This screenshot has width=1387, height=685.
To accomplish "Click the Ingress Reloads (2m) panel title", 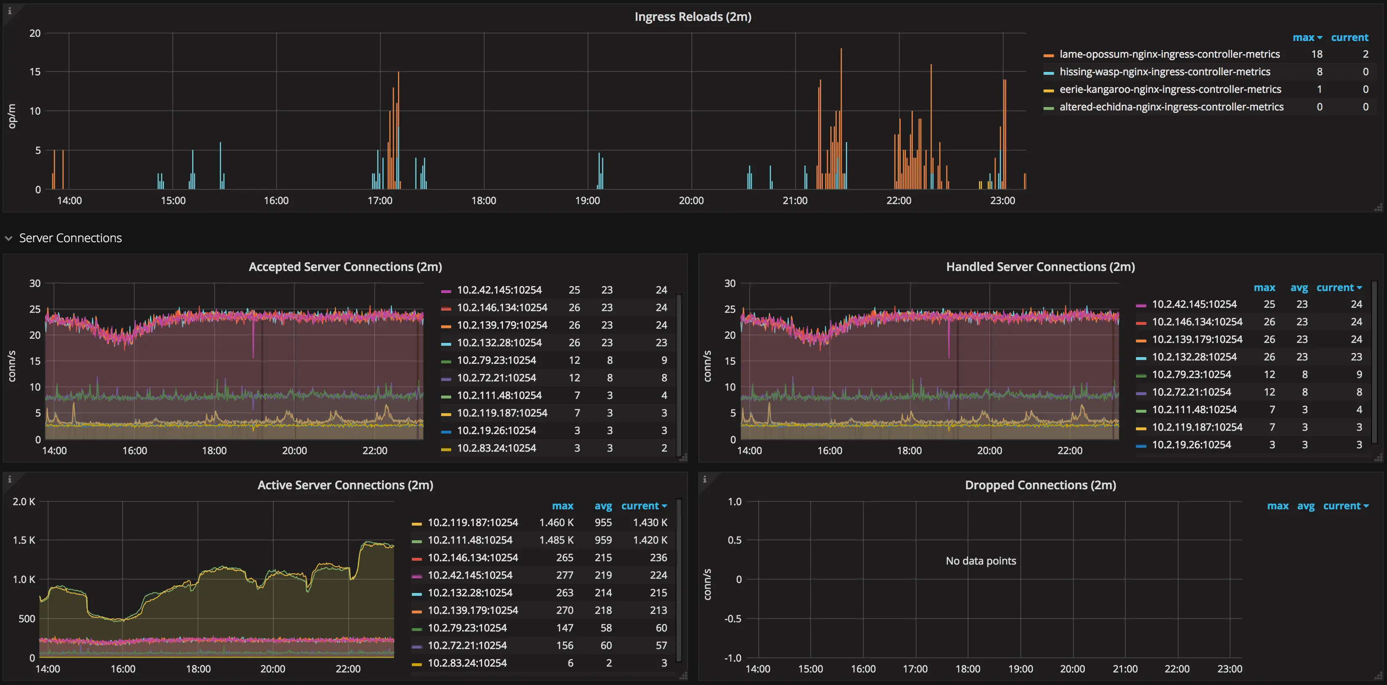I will pyautogui.click(x=692, y=17).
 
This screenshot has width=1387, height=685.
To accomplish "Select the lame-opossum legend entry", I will pyautogui.click(x=1169, y=54).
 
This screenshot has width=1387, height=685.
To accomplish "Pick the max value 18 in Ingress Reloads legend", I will pyautogui.click(x=1316, y=54).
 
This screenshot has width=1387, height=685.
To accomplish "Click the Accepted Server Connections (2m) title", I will pyautogui.click(x=345, y=267).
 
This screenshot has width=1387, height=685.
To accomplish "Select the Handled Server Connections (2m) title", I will pyautogui.click(x=1040, y=267).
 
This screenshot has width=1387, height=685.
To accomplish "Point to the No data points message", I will pyautogui.click(x=981, y=561).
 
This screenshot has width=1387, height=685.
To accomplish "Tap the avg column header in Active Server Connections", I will pyautogui.click(x=603, y=506).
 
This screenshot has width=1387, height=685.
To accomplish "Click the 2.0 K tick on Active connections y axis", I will pyautogui.click(x=24, y=501).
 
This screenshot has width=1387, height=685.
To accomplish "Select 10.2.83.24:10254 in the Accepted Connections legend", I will pyautogui.click(x=496, y=448).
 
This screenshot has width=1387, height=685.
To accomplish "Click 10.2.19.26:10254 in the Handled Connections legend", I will pyautogui.click(x=1191, y=445).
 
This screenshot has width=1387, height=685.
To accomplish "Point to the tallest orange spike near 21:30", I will pyautogui.click(x=841, y=51).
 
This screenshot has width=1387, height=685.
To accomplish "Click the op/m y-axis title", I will pyautogui.click(x=12, y=116).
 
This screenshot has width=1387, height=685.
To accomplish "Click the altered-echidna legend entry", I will pyautogui.click(x=1171, y=107).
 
